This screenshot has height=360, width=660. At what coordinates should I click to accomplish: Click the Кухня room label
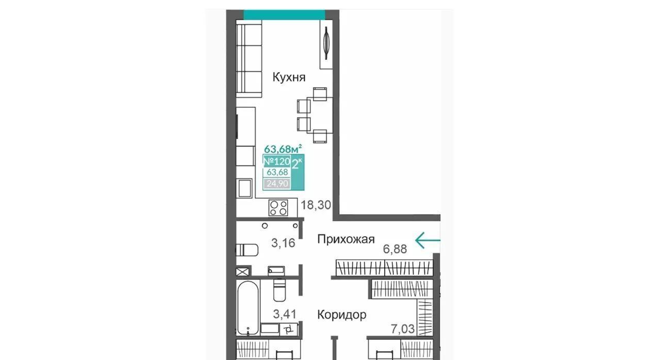pyautogui.click(x=289, y=77)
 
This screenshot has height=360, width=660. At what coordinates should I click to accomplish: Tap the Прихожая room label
pyautogui.click(x=346, y=239)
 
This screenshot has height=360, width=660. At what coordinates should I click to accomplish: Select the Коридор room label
pyautogui.click(x=342, y=315)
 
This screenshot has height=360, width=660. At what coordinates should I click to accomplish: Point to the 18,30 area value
pyautogui.click(x=316, y=205)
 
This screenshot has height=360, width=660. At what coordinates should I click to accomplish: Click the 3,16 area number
pyautogui.click(x=283, y=243)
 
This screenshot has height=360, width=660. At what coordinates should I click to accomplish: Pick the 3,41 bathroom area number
pyautogui.click(x=285, y=314)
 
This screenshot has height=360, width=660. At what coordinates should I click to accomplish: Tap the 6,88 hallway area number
pyautogui.click(x=395, y=249)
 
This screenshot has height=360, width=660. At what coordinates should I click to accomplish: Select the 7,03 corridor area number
pyautogui.click(x=403, y=329)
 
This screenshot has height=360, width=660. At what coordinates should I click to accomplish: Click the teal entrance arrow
pyautogui.click(x=428, y=240)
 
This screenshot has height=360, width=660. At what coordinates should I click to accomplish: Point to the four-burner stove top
pyautogui.click(x=278, y=208)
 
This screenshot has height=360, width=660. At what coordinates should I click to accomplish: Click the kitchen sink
pyautogui.click(x=245, y=188)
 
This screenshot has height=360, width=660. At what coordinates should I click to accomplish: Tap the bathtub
pyautogui.click(x=248, y=308)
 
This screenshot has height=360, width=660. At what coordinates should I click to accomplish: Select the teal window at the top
pyautogui.click(x=284, y=15)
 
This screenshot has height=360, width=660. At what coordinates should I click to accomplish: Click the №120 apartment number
pyautogui.click(x=276, y=161)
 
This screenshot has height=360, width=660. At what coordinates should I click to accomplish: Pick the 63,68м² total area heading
pyautogui.click(x=283, y=149)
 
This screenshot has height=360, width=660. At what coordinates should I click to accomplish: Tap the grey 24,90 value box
pyautogui.click(x=277, y=184)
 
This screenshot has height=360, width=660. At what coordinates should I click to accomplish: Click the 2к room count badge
pyautogui.click(x=297, y=163)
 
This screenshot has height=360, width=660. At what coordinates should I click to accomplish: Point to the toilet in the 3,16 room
pyautogui.click(x=247, y=250)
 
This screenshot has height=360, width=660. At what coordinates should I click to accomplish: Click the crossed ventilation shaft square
pyautogui.click(x=243, y=272)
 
